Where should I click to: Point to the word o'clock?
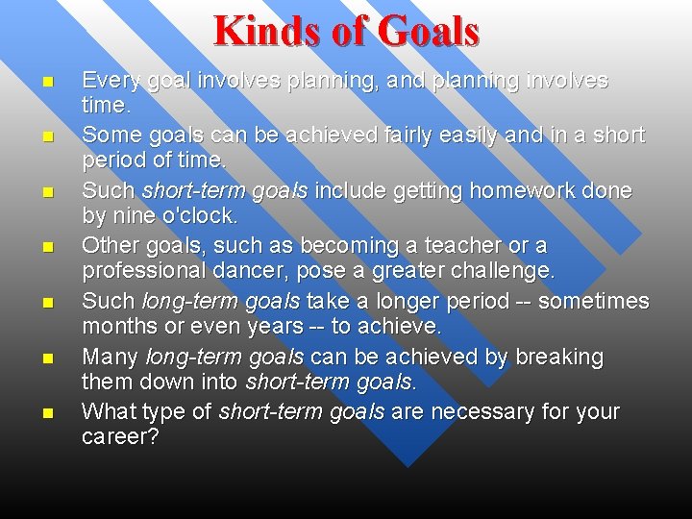197,216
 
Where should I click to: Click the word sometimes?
594,301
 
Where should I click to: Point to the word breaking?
559,357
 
